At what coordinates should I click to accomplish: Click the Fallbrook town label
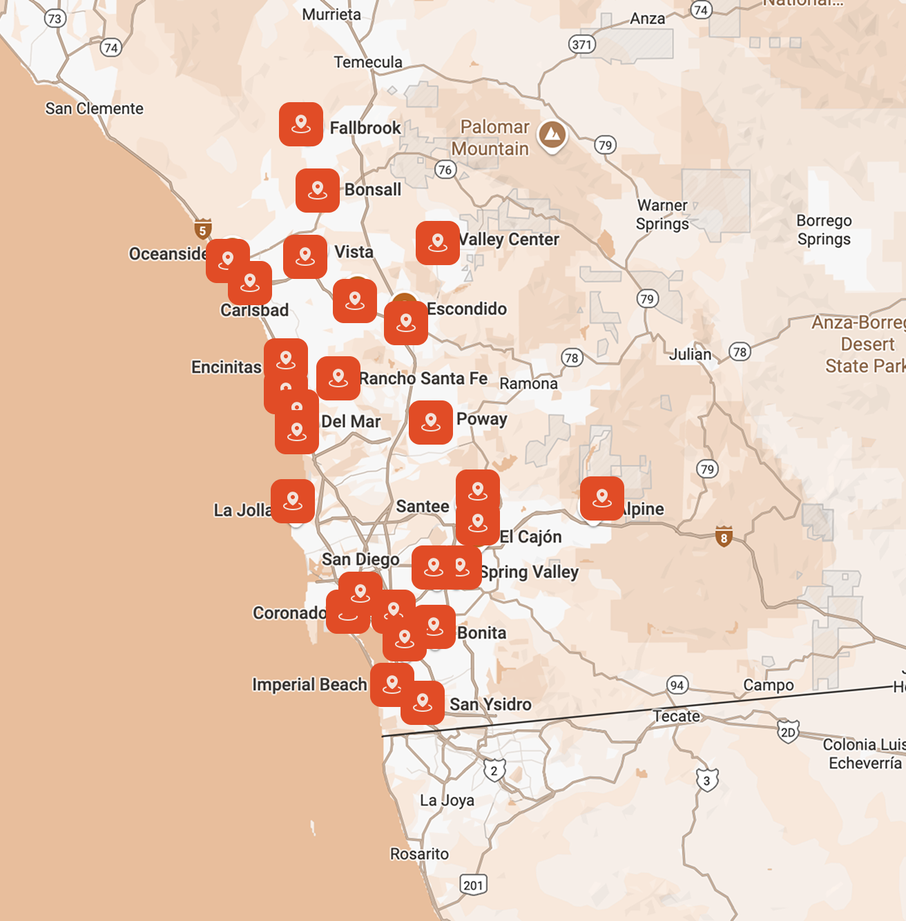coord(365,128)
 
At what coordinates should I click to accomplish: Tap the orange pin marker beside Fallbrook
coord(301,124)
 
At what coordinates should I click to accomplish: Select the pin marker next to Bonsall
coord(318,190)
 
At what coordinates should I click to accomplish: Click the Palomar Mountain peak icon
coord(552,134)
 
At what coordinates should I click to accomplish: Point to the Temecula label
coord(368,62)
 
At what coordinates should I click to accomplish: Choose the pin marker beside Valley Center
coord(438,243)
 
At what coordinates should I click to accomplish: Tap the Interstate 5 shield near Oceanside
coord(202,229)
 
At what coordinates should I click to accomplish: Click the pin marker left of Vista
coord(305,257)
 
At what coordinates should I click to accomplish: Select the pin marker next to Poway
coord(431,422)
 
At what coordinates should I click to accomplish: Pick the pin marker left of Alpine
coord(602,498)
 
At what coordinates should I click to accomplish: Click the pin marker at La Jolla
coord(293,501)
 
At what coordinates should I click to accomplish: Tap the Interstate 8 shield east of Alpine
coord(724,536)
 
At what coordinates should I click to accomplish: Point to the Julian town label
coord(690,354)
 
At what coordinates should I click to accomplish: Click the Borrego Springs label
coord(824,230)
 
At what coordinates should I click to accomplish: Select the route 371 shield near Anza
coord(582,44)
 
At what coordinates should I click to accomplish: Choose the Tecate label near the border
coord(677,716)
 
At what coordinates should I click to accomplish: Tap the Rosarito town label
coord(419,854)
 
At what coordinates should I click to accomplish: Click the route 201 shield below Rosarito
coord(473,885)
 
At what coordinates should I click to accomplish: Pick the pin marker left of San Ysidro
coord(423,703)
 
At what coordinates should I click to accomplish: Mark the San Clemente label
coord(95,108)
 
